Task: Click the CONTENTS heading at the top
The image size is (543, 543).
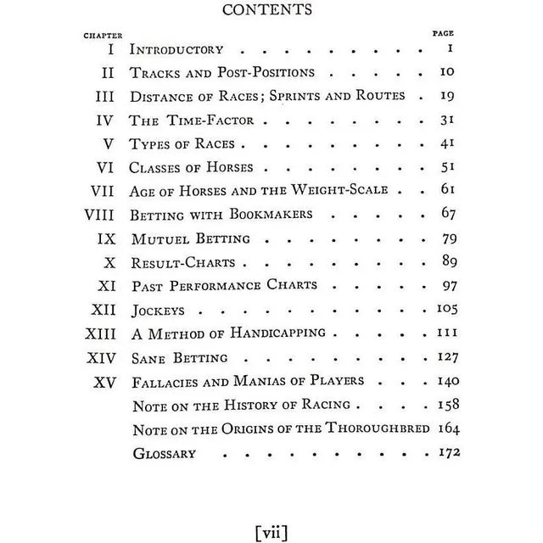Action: click(271, 11)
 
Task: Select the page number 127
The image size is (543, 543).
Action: click(447, 356)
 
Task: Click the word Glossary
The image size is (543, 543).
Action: click(165, 452)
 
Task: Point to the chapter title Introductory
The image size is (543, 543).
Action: click(176, 49)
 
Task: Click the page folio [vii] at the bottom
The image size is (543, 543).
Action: click(271, 532)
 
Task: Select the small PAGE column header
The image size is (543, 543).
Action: click(443, 33)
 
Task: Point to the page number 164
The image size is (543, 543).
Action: click(448, 428)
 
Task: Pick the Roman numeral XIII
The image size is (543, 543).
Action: click(106, 333)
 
